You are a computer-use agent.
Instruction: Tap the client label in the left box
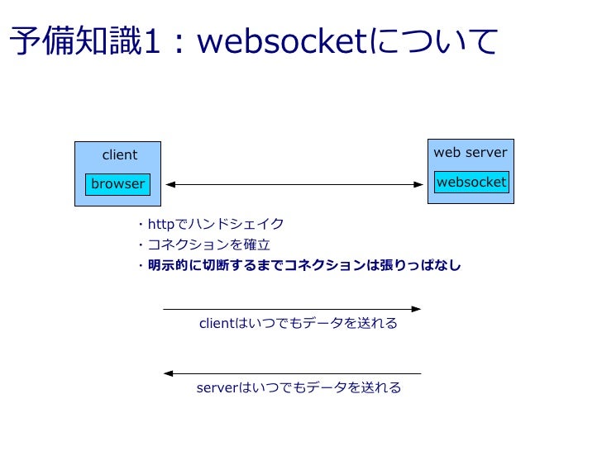119,155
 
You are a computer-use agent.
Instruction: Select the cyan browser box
117,184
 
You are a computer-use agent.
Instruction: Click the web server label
471,153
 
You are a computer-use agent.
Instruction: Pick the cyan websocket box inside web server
471,182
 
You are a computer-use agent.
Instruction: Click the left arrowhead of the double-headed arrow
169,184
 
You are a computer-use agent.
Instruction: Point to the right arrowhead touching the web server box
421,184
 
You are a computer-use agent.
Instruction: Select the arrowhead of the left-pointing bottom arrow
169,373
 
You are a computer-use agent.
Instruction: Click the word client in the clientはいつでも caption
217,324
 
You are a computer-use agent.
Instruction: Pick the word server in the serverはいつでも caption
217,388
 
